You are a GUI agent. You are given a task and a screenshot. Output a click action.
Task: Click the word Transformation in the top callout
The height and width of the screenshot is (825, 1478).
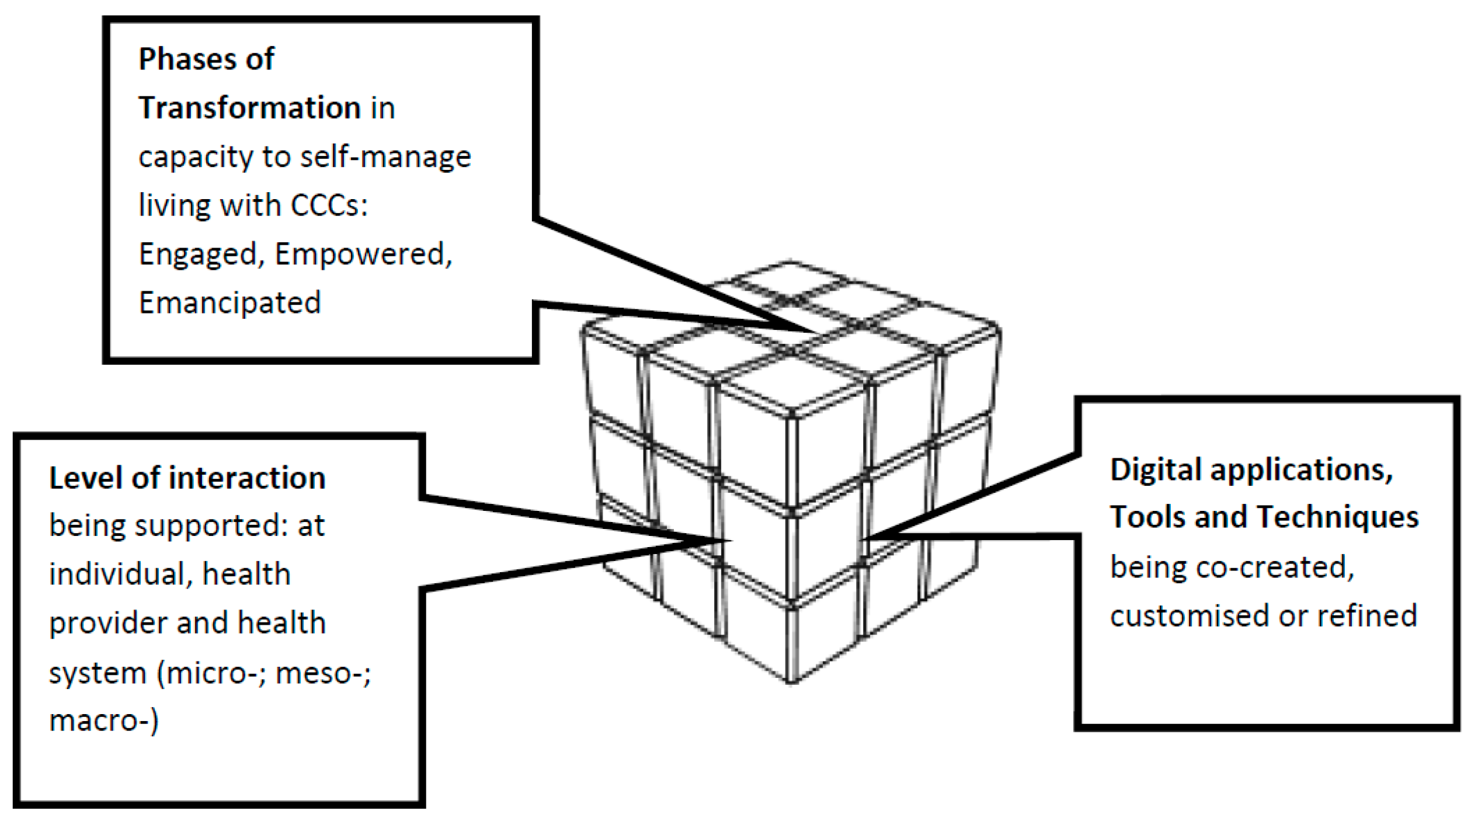click(x=249, y=108)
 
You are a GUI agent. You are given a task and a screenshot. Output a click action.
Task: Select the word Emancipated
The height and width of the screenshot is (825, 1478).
click(x=229, y=303)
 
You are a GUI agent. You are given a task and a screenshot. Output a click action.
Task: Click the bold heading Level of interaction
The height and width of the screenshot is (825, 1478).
click(x=187, y=478)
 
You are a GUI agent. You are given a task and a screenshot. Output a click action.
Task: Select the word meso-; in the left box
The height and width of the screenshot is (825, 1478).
click(x=323, y=673)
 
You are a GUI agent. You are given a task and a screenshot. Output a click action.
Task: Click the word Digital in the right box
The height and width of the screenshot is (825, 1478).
click(x=1154, y=470)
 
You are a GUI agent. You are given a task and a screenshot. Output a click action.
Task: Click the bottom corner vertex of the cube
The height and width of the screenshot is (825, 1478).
click(x=792, y=681)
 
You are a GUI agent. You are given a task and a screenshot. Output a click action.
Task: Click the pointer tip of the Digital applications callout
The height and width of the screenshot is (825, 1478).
click(x=865, y=537)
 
